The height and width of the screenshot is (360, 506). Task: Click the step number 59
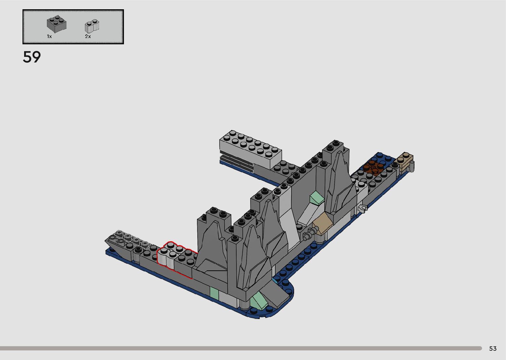click(x=32, y=57)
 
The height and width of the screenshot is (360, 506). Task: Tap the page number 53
click(x=493, y=348)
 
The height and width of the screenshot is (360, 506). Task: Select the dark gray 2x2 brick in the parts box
click(x=57, y=23)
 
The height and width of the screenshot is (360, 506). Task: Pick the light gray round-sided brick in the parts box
click(x=92, y=26)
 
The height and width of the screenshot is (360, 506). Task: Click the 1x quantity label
click(x=49, y=36)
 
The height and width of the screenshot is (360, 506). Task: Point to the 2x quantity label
click(x=88, y=36)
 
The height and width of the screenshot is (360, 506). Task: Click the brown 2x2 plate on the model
click(x=373, y=168)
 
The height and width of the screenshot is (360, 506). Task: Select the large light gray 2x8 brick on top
click(x=251, y=148)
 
